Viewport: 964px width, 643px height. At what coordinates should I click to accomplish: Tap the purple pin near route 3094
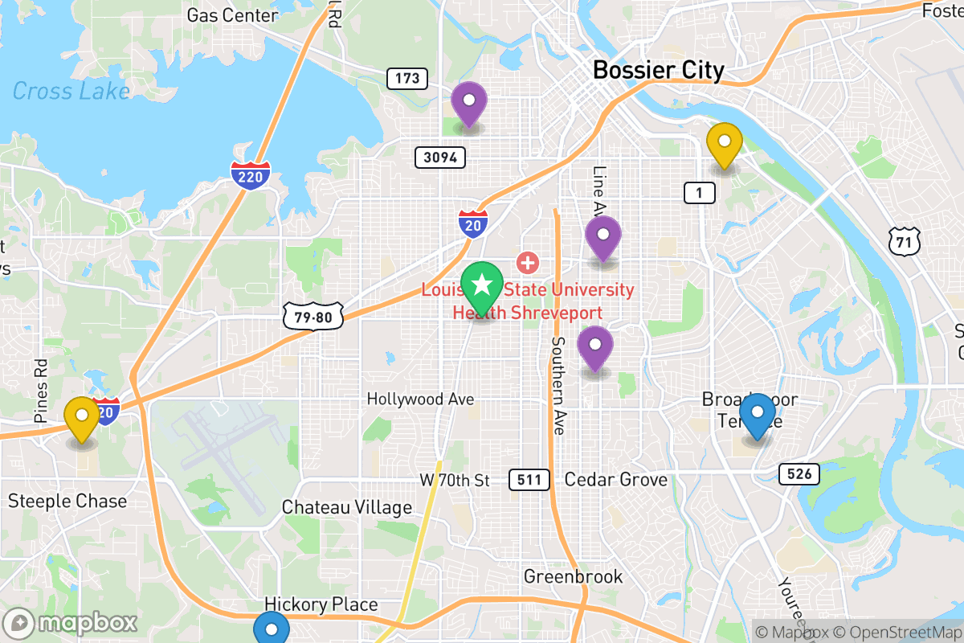(x=468, y=103)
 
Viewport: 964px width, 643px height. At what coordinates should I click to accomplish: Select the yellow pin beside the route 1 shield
(x=724, y=143)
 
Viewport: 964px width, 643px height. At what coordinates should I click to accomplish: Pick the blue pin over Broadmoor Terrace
(x=757, y=414)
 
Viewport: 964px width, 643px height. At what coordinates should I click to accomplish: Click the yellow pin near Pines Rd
(x=81, y=417)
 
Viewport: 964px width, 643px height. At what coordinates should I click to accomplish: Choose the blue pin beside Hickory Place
(x=272, y=629)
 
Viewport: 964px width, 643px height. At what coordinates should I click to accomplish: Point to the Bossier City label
(x=658, y=71)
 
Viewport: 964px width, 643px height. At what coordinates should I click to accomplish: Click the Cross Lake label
(x=71, y=91)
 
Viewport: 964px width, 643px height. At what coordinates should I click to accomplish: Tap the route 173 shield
(x=406, y=79)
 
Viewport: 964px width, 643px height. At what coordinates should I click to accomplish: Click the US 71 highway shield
(x=905, y=240)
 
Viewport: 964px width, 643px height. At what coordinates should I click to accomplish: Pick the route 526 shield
(x=799, y=474)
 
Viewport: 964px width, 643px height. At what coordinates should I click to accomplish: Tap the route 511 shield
(x=529, y=481)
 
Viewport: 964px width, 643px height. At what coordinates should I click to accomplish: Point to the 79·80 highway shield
(x=313, y=317)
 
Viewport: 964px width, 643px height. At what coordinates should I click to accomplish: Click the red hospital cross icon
(x=528, y=261)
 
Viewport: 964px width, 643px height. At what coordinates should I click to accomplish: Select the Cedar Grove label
(x=615, y=480)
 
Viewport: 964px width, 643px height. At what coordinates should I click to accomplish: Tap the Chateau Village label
(x=346, y=507)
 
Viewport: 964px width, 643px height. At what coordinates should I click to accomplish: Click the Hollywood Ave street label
(x=420, y=399)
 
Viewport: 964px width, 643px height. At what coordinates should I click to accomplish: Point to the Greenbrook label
(x=573, y=576)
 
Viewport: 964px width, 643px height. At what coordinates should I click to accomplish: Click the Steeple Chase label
(x=67, y=502)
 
